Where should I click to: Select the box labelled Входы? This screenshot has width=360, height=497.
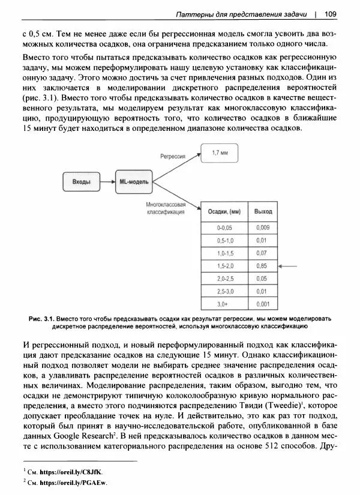(x=81, y=181)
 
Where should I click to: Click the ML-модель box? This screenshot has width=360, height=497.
(x=134, y=181)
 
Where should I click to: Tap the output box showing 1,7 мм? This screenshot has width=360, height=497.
(x=220, y=154)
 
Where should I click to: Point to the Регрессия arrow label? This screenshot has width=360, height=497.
(x=172, y=155)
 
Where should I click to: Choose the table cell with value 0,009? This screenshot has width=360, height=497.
(x=263, y=227)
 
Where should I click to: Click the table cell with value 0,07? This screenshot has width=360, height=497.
(x=262, y=253)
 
